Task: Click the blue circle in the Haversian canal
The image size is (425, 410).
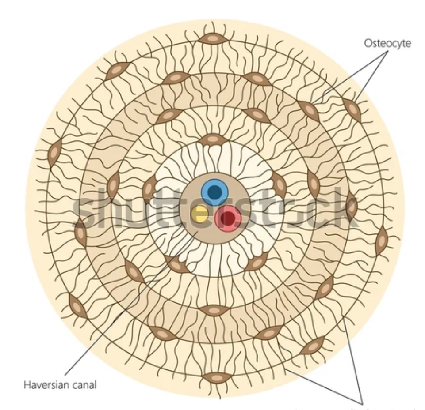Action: pos(214,191)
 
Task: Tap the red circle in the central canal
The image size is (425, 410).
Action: pos(228,218)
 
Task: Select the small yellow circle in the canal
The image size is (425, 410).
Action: pos(199,214)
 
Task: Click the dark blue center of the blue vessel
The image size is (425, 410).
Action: pos(214,191)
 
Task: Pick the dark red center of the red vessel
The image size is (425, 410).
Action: pos(228,217)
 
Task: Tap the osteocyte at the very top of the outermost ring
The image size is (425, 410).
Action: pos(213,39)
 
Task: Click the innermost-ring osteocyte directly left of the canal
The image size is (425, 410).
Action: pos(149,189)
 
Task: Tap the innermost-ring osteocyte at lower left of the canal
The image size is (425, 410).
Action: pos(177,264)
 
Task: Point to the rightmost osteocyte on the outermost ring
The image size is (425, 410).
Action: pos(381,241)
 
